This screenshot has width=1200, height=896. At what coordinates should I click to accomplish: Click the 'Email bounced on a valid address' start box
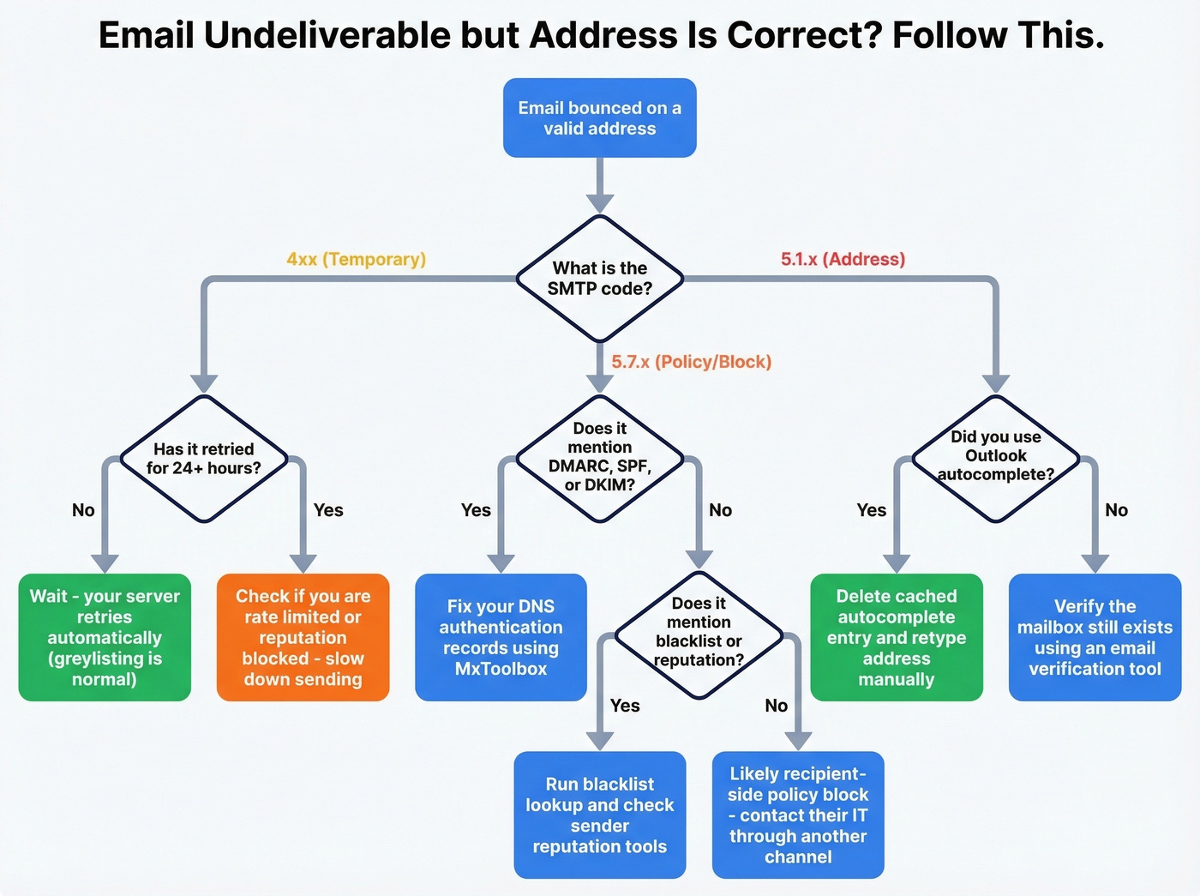(x=599, y=118)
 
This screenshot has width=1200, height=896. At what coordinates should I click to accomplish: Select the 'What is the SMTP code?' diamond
(x=599, y=279)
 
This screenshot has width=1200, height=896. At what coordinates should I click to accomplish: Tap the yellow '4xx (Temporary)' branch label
(x=356, y=259)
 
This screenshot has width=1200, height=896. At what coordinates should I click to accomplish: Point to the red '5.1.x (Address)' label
(x=843, y=259)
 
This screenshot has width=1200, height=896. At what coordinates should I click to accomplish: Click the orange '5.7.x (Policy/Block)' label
(x=691, y=362)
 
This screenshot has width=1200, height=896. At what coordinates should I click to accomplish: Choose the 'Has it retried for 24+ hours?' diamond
(x=203, y=459)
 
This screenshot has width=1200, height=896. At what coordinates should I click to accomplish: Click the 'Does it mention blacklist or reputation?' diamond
(x=699, y=633)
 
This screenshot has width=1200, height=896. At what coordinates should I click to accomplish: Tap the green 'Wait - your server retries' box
(x=105, y=637)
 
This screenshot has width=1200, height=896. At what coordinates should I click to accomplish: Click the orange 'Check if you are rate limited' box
(x=303, y=637)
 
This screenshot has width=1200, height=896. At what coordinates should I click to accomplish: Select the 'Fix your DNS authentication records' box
(x=501, y=637)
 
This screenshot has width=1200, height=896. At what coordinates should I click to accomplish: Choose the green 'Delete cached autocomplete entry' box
(x=897, y=637)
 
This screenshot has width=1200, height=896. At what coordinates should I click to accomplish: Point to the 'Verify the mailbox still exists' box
(x=1095, y=637)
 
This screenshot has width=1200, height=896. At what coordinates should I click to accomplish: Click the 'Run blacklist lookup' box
(x=599, y=815)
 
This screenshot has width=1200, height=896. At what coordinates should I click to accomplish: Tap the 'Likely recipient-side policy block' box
(x=798, y=815)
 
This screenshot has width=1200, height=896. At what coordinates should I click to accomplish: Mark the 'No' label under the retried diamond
(x=83, y=510)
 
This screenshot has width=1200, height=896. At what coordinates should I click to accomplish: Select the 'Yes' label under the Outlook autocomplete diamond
(x=871, y=510)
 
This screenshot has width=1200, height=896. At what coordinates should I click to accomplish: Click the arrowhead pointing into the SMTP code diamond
(x=599, y=202)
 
